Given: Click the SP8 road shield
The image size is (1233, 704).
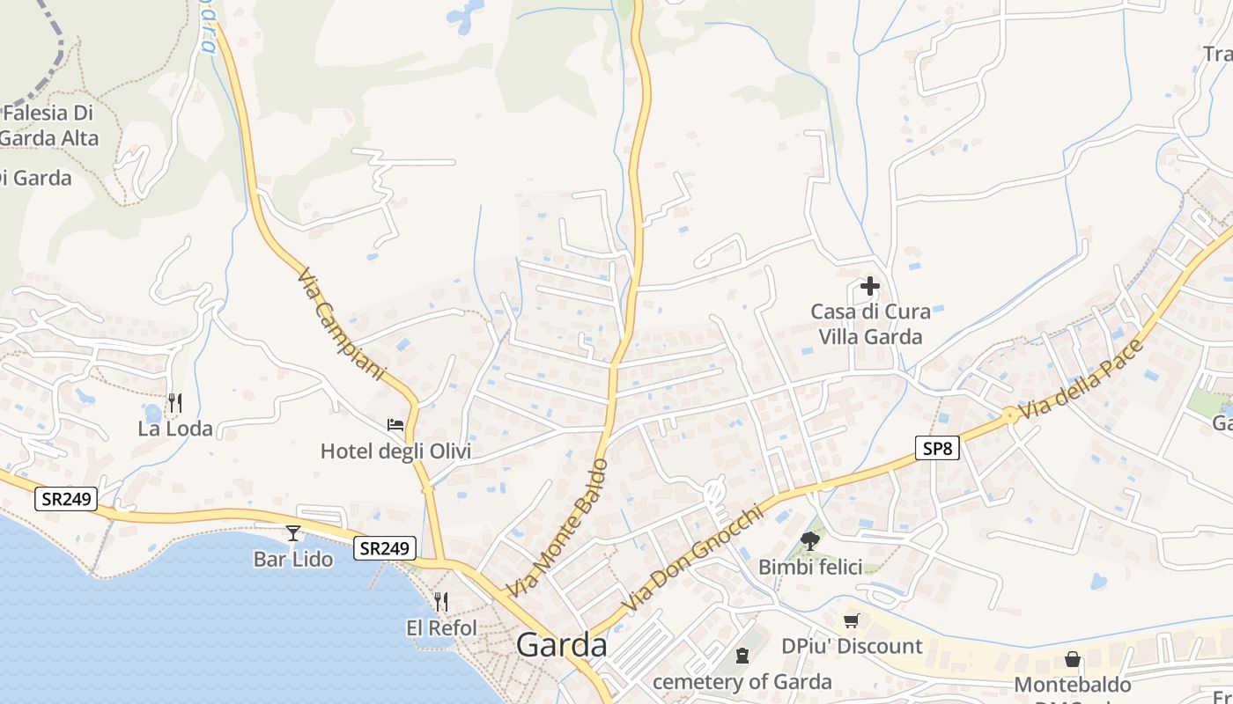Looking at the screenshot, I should coord(937,448).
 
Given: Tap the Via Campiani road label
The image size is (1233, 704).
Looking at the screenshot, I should coord(343,324).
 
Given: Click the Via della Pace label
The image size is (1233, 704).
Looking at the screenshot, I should coord(1082,379).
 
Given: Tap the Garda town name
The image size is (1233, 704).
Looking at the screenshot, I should coord(562,645).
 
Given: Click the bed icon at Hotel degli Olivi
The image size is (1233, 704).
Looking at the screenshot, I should coord(395,424).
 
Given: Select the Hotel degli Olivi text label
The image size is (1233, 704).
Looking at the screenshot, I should coord(395,451).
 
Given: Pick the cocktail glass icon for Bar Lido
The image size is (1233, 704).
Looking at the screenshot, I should coord(293,533).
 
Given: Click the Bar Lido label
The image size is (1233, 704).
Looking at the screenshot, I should coord(293,559).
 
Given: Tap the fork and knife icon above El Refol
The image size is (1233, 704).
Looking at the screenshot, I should coord(441,602).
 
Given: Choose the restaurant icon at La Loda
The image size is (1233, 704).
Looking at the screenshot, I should coord(175,403).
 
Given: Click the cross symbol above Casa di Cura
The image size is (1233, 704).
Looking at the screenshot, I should coord(870,286).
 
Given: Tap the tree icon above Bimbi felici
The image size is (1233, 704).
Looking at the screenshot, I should coord(810,541).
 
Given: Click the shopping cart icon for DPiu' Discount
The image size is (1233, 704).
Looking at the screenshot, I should coord(851,621).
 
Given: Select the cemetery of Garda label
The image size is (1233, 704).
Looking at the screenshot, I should coord(742,682).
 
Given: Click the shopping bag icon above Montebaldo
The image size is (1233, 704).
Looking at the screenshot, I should coord(1073,658).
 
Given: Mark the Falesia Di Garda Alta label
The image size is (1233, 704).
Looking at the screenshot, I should coord(48,125).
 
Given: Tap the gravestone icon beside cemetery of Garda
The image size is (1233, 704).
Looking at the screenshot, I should coord(742,656).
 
